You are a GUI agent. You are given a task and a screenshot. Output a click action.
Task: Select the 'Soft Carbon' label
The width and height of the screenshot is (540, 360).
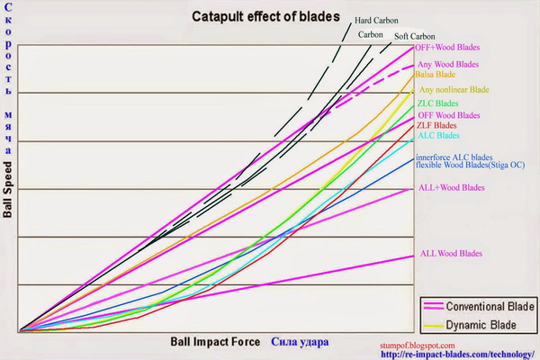(x=416, y=35)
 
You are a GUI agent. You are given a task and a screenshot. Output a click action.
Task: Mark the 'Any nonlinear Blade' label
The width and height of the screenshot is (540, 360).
(x=454, y=90)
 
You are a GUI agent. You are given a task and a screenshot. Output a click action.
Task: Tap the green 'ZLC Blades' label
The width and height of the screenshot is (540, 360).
(x=438, y=104)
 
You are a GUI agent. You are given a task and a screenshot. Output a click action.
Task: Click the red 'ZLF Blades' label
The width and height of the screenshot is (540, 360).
(x=436, y=125)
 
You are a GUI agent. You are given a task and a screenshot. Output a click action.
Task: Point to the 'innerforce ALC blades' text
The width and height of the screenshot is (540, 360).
(x=454, y=157)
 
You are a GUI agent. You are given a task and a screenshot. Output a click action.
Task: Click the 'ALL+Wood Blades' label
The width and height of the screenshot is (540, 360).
(x=452, y=188)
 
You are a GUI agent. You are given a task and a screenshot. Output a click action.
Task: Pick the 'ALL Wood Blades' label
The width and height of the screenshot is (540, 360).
(x=451, y=254)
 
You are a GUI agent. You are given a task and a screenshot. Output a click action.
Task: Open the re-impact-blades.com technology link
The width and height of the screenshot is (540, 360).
(x=457, y=354)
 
